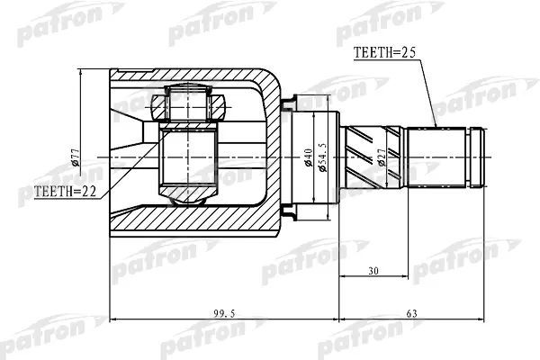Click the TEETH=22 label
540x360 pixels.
64,192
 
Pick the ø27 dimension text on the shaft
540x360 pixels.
384,159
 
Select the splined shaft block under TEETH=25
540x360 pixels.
437,157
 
